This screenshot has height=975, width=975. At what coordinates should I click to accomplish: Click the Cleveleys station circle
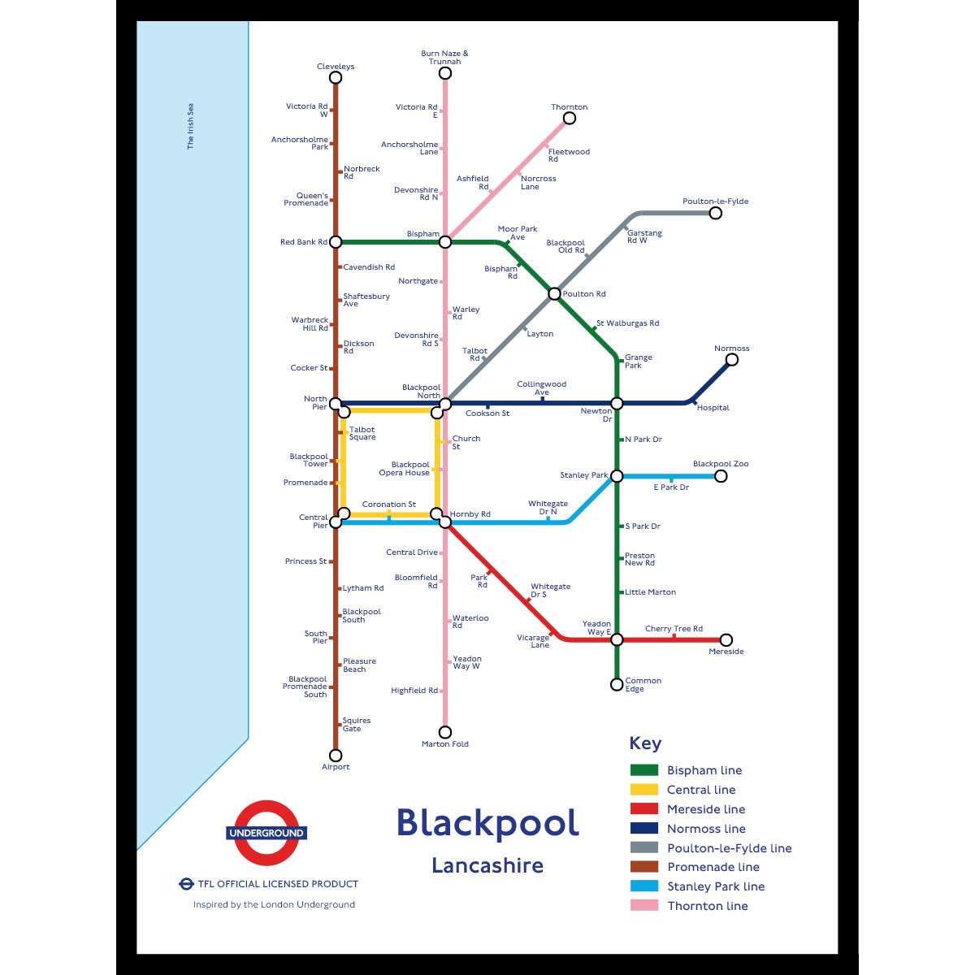pyautogui.click(x=336, y=78)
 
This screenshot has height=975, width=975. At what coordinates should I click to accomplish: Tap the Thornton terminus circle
pyautogui.click(x=570, y=119)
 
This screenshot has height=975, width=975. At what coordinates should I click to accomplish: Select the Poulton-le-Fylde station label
pyautogui.click(x=715, y=201)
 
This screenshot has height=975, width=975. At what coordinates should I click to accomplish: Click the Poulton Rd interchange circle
pyautogui.click(x=554, y=294)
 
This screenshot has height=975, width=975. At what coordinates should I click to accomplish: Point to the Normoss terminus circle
pyautogui.click(x=732, y=360)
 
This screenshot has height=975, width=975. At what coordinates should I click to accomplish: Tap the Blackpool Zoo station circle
pyautogui.click(x=721, y=476)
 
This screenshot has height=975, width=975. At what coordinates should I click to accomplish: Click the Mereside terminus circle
pyautogui.click(x=726, y=640)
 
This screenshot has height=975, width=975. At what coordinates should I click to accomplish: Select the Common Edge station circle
pyautogui.click(x=617, y=685)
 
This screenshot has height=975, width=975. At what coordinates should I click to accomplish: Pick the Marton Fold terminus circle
pyautogui.click(x=445, y=732)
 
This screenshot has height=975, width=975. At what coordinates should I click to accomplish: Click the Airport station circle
pyautogui.click(x=336, y=756)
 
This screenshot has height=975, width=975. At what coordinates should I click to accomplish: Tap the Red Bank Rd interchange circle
pyautogui.click(x=336, y=242)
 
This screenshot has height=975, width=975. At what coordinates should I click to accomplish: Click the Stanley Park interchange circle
pyautogui.click(x=617, y=476)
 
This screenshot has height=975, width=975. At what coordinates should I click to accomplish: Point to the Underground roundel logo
pyautogui.click(x=266, y=833)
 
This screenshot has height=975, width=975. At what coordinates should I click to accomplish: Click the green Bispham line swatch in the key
pyautogui.click(x=644, y=770)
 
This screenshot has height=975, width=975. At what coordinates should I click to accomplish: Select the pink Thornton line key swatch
pyautogui.click(x=644, y=906)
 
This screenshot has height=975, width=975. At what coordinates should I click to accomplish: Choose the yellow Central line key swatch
pyautogui.click(x=644, y=790)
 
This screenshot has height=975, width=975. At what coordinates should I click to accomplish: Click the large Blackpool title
pyautogui.click(x=487, y=823)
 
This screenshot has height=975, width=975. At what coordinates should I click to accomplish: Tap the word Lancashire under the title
pyautogui.click(x=487, y=865)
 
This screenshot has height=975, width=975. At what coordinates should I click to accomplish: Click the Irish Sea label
pyautogui.click(x=191, y=126)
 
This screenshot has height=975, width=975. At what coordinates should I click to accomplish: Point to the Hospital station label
pyautogui.click(x=713, y=408)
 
